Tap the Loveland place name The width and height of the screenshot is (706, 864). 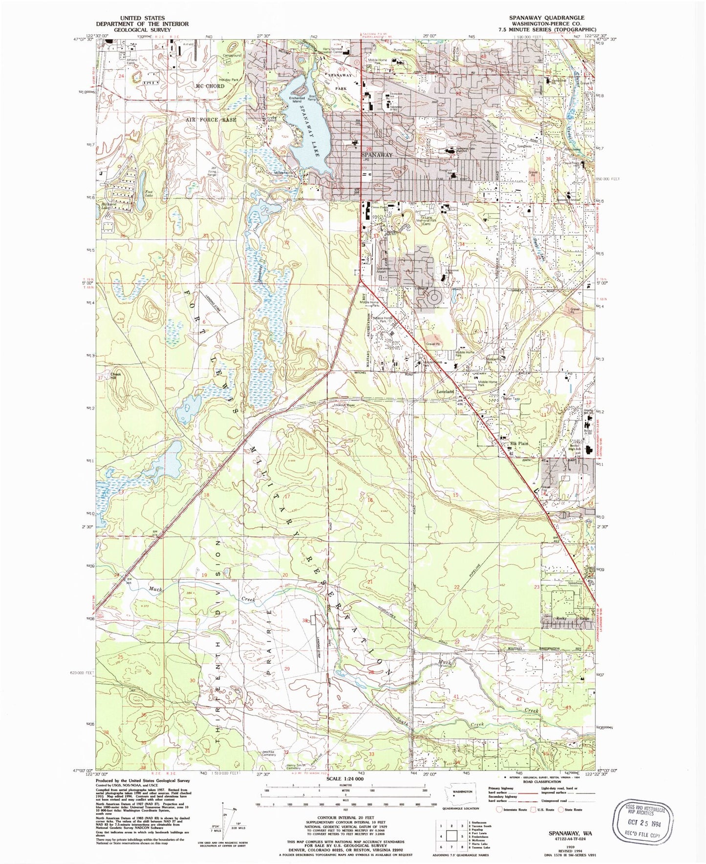(x=445, y=392)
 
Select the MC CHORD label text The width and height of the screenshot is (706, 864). (x=210, y=86)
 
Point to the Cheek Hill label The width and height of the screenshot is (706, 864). (x=115, y=376)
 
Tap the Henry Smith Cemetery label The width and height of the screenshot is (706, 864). (x=298, y=766)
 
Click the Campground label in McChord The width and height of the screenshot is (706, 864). (x=232, y=56)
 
